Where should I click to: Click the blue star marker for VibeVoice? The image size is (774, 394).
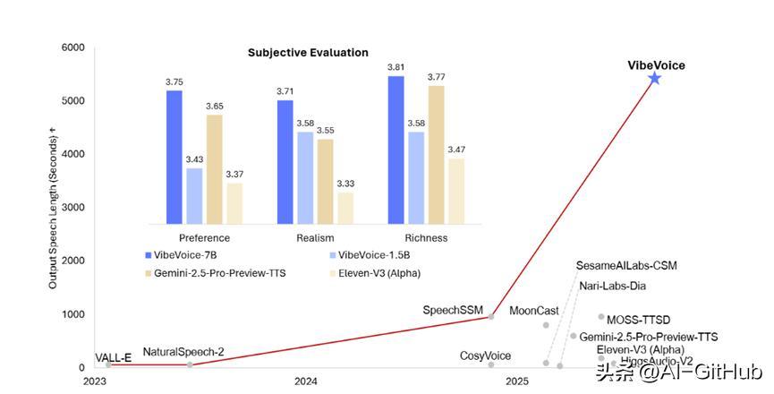point(654,79)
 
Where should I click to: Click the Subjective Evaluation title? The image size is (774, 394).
point(307,53)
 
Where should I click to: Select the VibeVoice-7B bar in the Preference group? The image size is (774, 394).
point(174,157)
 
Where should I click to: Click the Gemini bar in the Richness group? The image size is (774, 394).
point(437,154)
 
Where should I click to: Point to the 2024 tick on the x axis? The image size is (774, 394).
point(306,381)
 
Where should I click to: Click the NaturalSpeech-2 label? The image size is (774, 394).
point(183,352)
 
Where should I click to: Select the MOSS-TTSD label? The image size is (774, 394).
point(638,320)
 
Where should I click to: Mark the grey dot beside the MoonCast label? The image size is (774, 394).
point(546,325)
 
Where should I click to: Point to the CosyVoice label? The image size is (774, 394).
point(485,356)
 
